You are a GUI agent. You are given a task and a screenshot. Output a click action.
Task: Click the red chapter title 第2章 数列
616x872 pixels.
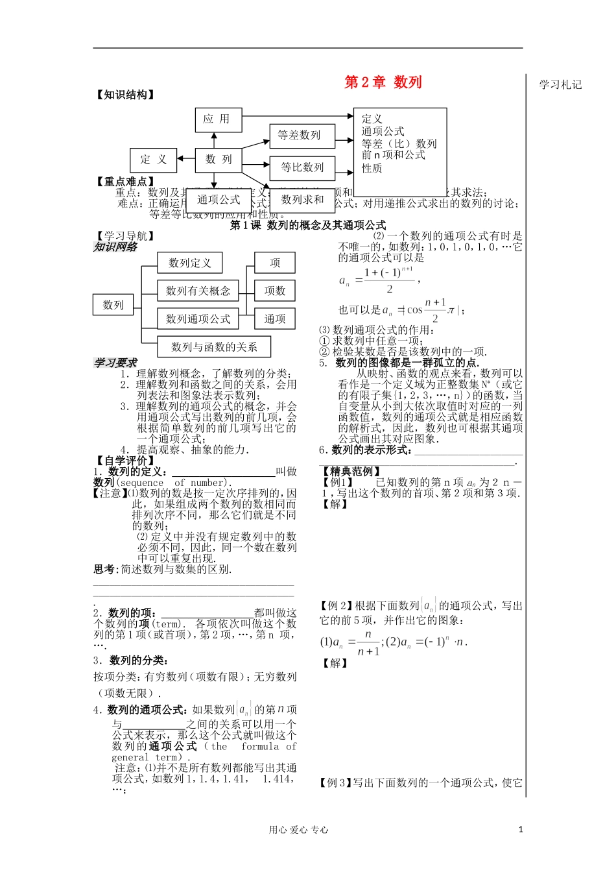click(383, 82)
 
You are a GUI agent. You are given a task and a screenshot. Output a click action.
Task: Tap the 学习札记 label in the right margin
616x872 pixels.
click(560, 84)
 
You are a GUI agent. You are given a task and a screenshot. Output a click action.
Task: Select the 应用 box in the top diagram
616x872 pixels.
click(217, 119)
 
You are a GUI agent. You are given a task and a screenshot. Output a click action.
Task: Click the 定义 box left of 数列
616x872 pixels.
click(154, 160)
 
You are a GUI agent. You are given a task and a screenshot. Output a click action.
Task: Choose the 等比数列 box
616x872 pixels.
click(302, 167)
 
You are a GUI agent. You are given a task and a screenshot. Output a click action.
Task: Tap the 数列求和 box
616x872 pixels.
click(302, 200)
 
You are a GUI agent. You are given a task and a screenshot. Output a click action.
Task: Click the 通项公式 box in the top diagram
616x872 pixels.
click(219, 200)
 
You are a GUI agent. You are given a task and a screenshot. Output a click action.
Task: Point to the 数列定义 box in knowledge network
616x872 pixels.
click(190, 263)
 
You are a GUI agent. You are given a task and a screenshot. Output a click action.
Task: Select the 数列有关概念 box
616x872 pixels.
click(198, 291)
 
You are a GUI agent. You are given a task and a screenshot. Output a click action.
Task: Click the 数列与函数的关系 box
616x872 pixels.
click(214, 346)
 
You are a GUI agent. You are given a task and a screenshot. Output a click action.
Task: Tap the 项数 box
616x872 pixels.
click(275, 291)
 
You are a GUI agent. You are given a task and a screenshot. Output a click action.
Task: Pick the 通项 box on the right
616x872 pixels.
click(275, 319)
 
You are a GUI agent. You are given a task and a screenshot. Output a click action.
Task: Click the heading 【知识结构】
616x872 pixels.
click(125, 95)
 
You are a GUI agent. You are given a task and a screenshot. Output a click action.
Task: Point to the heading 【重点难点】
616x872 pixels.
click(125, 182)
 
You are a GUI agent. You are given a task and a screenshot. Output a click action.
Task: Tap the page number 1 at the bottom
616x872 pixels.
click(520, 829)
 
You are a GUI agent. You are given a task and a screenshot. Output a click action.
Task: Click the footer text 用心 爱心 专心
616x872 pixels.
click(299, 830)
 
